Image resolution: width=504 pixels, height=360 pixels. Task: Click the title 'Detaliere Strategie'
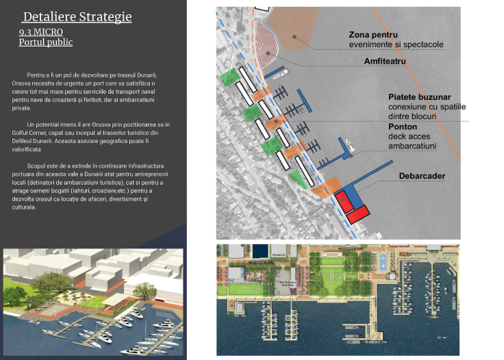[77, 17]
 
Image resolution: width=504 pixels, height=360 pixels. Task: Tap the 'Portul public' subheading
[46, 42]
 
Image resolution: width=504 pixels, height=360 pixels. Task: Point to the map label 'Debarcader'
[422, 177]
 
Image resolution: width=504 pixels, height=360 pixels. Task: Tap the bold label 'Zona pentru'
[374, 34]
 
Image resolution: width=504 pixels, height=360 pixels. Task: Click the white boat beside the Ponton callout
[349, 146]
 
